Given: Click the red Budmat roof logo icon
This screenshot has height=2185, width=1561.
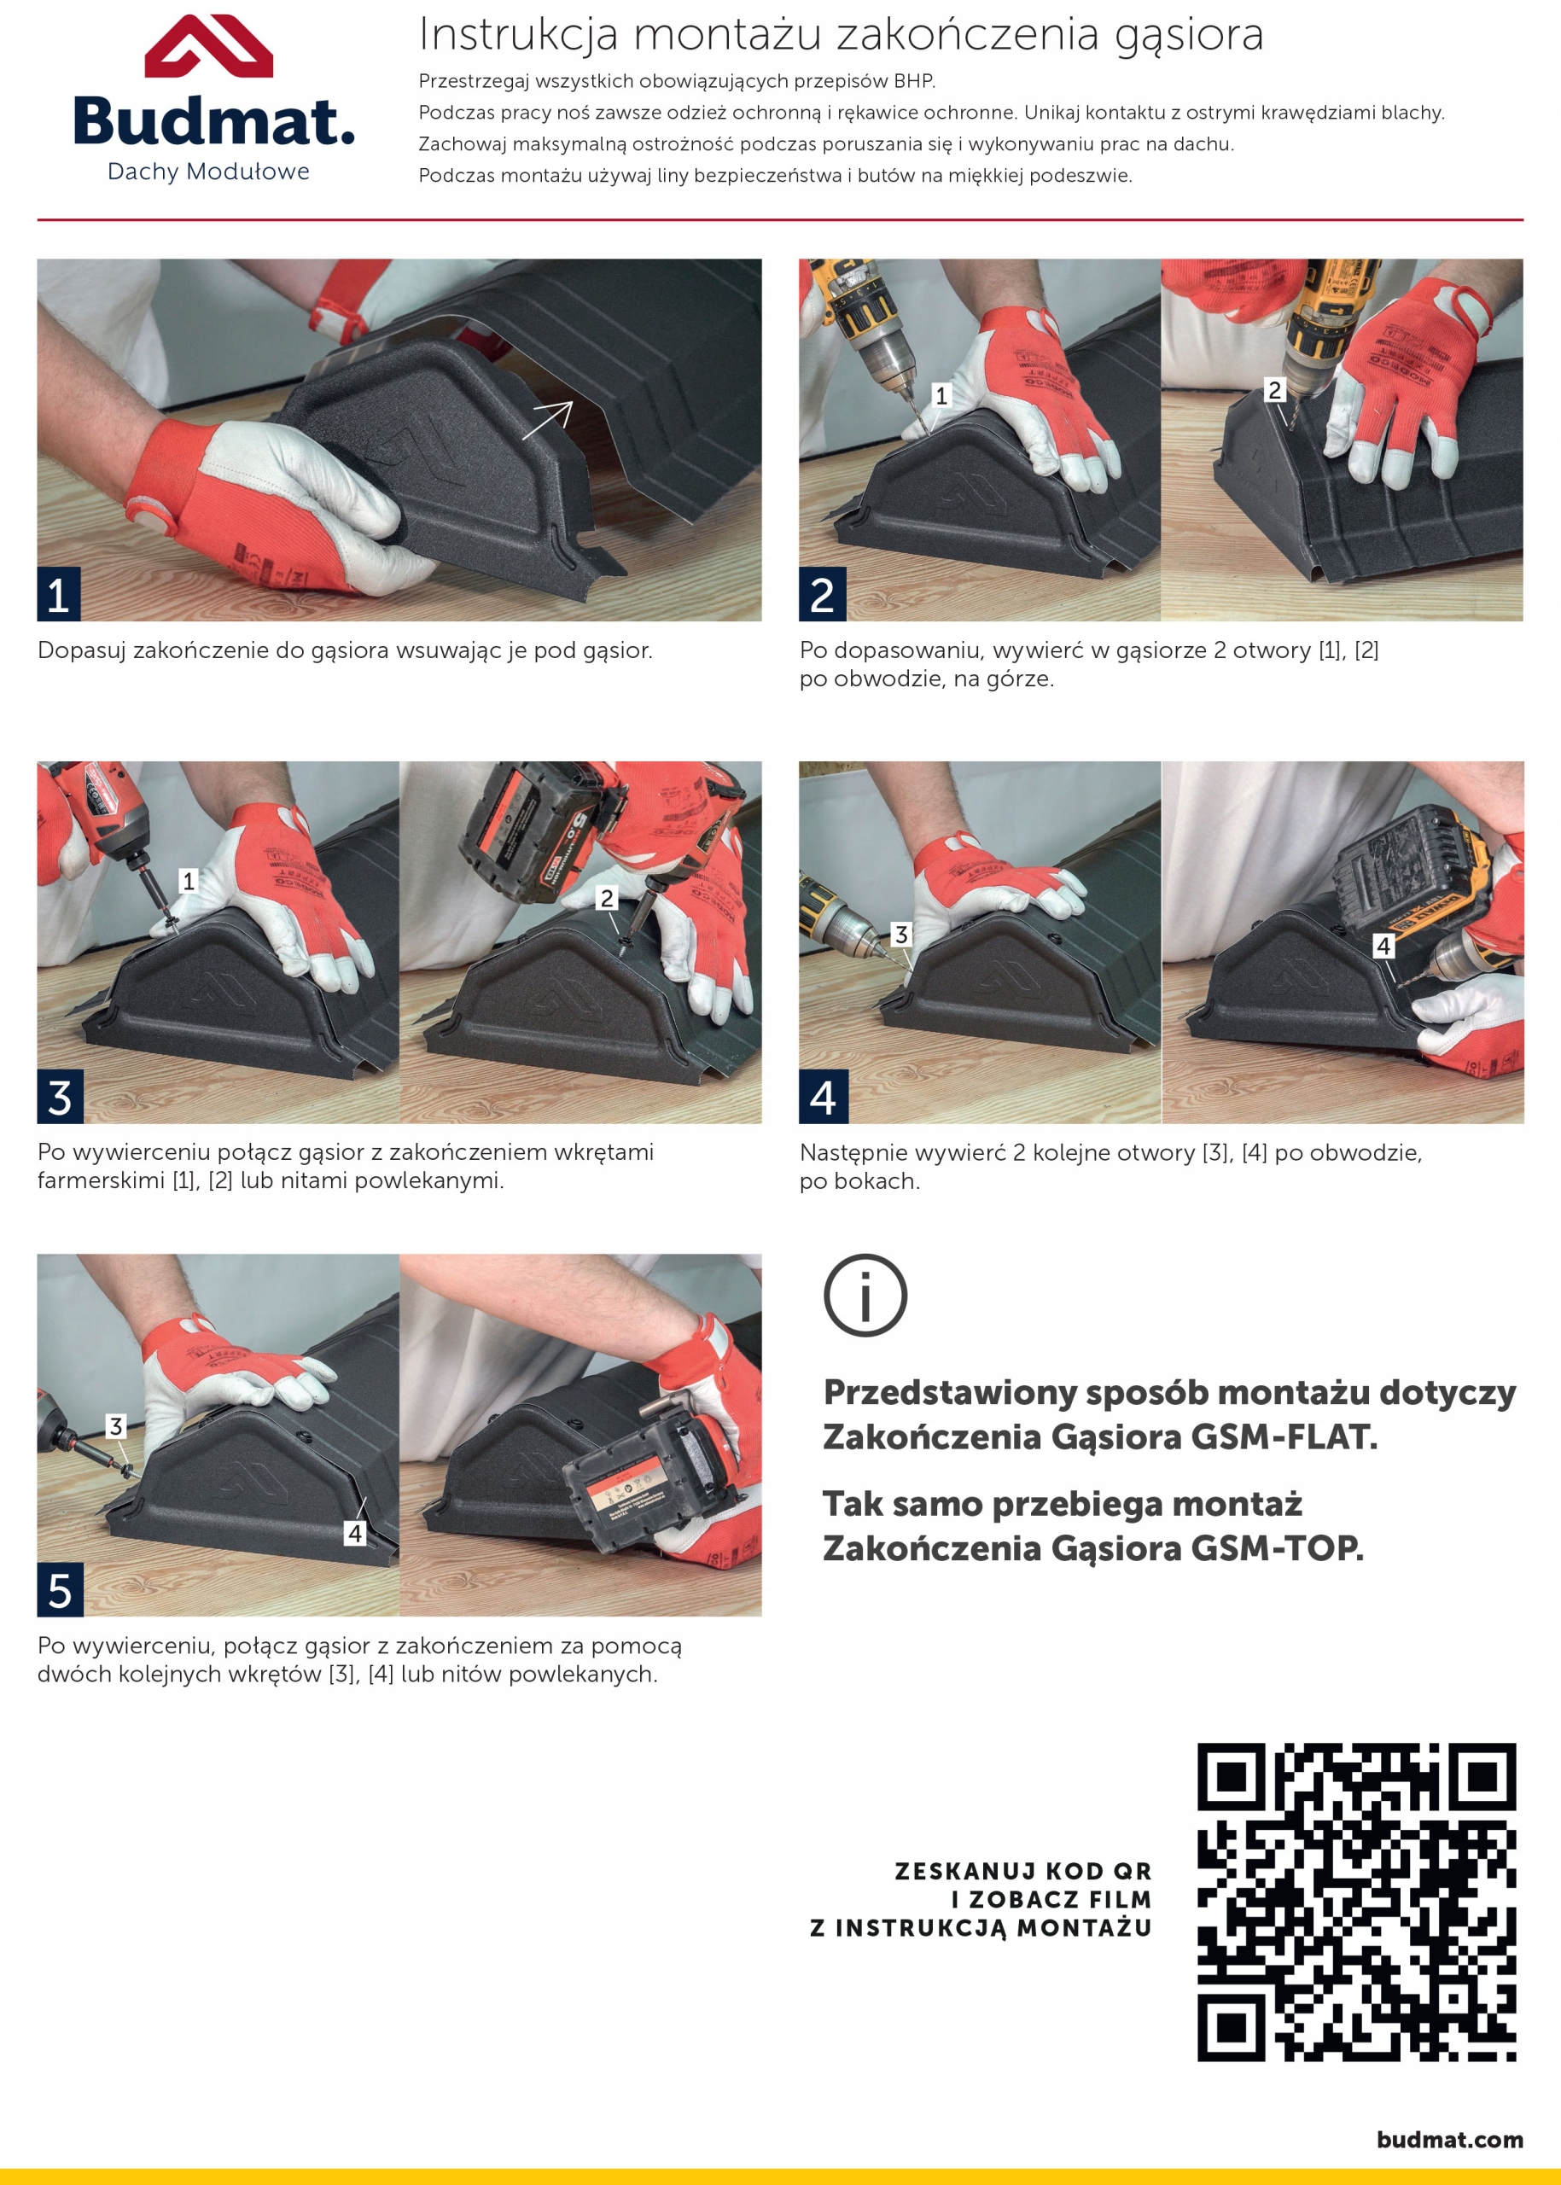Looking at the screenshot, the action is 208,46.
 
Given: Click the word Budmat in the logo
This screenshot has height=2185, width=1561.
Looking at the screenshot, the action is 213,122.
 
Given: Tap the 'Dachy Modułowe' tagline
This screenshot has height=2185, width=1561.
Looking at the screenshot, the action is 208,172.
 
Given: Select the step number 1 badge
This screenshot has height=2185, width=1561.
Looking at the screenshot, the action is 59,594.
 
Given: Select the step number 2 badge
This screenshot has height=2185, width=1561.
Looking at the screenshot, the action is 822,594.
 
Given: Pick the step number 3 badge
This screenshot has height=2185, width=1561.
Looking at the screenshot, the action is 60,1097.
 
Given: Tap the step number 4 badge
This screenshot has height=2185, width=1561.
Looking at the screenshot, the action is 823,1097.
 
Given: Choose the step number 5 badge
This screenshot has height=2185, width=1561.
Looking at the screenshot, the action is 60,1590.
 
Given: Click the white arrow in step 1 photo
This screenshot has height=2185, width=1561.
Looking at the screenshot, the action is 547,420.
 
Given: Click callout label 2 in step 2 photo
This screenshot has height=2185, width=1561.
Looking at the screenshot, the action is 1274,390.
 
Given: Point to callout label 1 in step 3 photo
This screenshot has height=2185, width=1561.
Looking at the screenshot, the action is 189,881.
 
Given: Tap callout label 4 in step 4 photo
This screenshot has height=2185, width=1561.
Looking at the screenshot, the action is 1383,946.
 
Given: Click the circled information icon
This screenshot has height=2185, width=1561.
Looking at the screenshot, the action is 865,1296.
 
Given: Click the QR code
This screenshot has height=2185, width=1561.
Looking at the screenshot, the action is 1356,1902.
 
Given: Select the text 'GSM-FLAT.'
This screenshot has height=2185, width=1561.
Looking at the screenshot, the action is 1284,1436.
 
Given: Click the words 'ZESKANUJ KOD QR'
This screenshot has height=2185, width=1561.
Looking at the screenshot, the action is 1022,1872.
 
